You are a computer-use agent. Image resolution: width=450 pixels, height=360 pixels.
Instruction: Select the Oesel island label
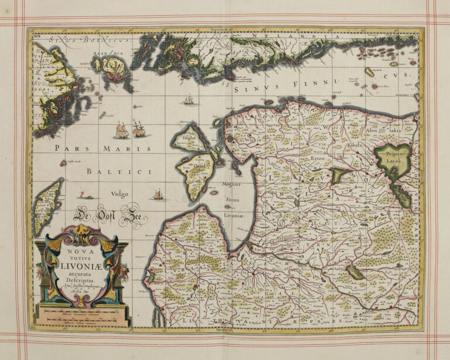(201, 166)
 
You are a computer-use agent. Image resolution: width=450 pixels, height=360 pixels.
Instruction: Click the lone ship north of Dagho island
(188, 101)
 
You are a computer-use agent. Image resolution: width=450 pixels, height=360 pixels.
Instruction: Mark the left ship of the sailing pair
(121, 130)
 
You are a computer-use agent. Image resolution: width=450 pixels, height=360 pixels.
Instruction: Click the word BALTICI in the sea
(117, 171)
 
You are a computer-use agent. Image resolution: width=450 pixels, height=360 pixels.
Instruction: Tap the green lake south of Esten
(338, 175)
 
